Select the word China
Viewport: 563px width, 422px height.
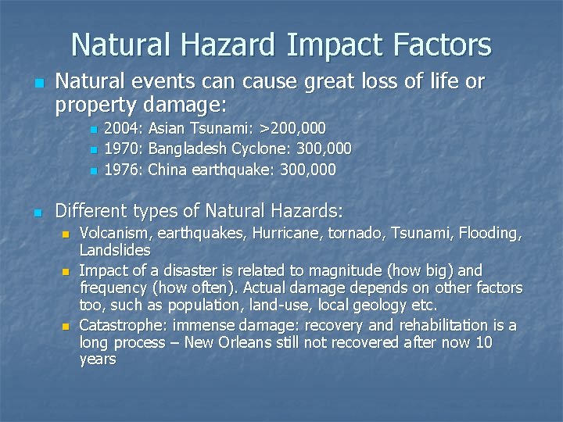click(167, 170)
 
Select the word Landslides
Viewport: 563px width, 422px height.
click(115, 251)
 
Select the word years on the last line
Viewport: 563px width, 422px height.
click(98, 359)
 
